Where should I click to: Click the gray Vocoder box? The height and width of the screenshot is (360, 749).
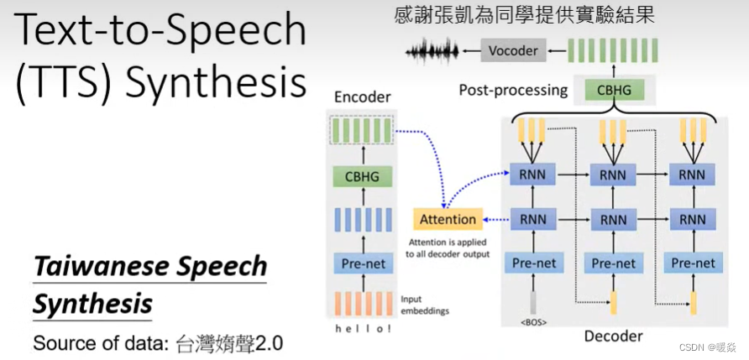coord(514,50)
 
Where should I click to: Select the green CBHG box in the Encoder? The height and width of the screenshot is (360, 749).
coord(362,176)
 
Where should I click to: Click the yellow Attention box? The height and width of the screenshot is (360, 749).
coord(448,219)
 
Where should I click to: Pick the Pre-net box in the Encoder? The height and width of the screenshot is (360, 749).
coord(362,263)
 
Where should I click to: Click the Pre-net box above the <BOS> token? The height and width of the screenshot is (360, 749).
coord(533,263)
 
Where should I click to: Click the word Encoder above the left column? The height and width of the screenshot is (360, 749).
coord(362,97)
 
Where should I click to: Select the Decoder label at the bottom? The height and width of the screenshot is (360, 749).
coord(613,337)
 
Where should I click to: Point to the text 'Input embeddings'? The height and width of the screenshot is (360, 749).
coord(425,305)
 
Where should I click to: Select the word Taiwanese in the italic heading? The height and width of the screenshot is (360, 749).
coord(91,267)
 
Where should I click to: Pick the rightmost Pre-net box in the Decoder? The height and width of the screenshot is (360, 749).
coord(693,263)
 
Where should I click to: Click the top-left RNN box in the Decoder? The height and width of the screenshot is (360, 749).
coord(533,175)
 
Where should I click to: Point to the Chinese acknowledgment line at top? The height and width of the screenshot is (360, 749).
coord(524,14)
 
